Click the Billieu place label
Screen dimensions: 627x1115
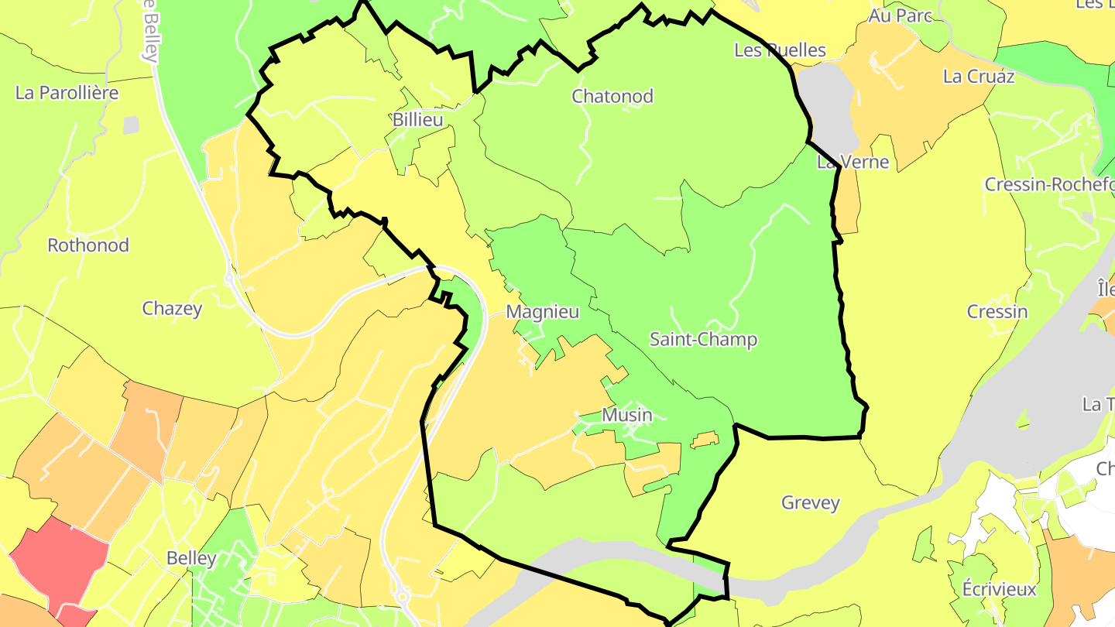pyautogui.click(x=417, y=120)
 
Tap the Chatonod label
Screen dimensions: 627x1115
pyautogui.click(x=612, y=97)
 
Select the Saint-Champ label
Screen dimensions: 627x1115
pyautogui.click(x=703, y=340)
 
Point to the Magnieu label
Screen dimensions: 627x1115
pyautogui.click(x=542, y=312)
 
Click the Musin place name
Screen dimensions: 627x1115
pyautogui.click(x=627, y=415)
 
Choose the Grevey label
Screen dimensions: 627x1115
pyautogui.click(x=811, y=503)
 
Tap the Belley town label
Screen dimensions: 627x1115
pyautogui.click(x=191, y=558)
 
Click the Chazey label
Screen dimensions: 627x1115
pyautogui.click(x=172, y=309)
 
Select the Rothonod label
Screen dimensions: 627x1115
pyautogui.click(x=88, y=245)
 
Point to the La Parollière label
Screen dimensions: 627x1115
pyautogui.click(x=67, y=93)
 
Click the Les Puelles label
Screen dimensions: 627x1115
pyautogui.click(x=780, y=50)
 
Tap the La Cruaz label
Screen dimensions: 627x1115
pyautogui.click(x=979, y=77)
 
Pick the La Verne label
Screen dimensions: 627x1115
pyautogui.click(x=853, y=163)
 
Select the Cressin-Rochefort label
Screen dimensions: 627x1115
pyautogui.click(x=1049, y=185)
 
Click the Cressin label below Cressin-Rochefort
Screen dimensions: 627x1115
pyautogui.click(x=997, y=312)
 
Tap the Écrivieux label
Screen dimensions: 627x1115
pyautogui.click(x=999, y=589)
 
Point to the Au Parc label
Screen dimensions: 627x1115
pyautogui.click(x=900, y=15)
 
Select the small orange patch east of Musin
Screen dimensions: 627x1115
pyautogui.click(x=705, y=440)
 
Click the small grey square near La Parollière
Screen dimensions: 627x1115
pyautogui.click(x=131, y=125)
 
